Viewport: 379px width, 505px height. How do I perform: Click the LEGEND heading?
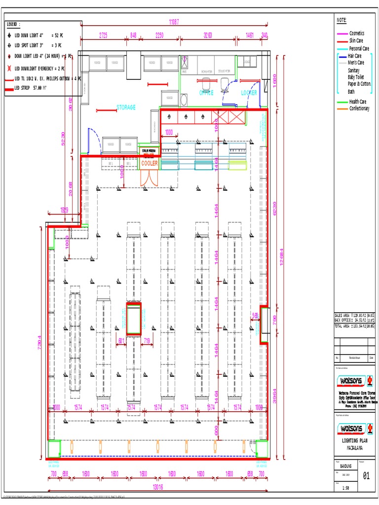click(x=13, y=24)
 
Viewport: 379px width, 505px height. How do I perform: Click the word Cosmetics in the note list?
click(x=357, y=33)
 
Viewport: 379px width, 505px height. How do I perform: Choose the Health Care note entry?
click(x=358, y=102)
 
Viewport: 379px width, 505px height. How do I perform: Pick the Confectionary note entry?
click(x=359, y=108)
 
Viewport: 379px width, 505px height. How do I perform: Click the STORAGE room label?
click(x=126, y=107)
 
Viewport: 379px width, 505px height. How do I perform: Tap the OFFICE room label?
click(x=206, y=93)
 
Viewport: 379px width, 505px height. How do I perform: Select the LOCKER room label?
click(x=249, y=93)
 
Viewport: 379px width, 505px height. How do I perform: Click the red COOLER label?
click(x=150, y=163)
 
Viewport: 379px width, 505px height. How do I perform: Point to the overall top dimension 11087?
click(x=174, y=22)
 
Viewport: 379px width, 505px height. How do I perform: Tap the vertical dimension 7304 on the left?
click(x=40, y=343)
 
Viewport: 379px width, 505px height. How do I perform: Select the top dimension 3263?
click(x=208, y=35)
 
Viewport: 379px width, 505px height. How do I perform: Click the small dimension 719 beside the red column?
click(x=147, y=340)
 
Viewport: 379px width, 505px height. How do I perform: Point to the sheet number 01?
click(x=366, y=476)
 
